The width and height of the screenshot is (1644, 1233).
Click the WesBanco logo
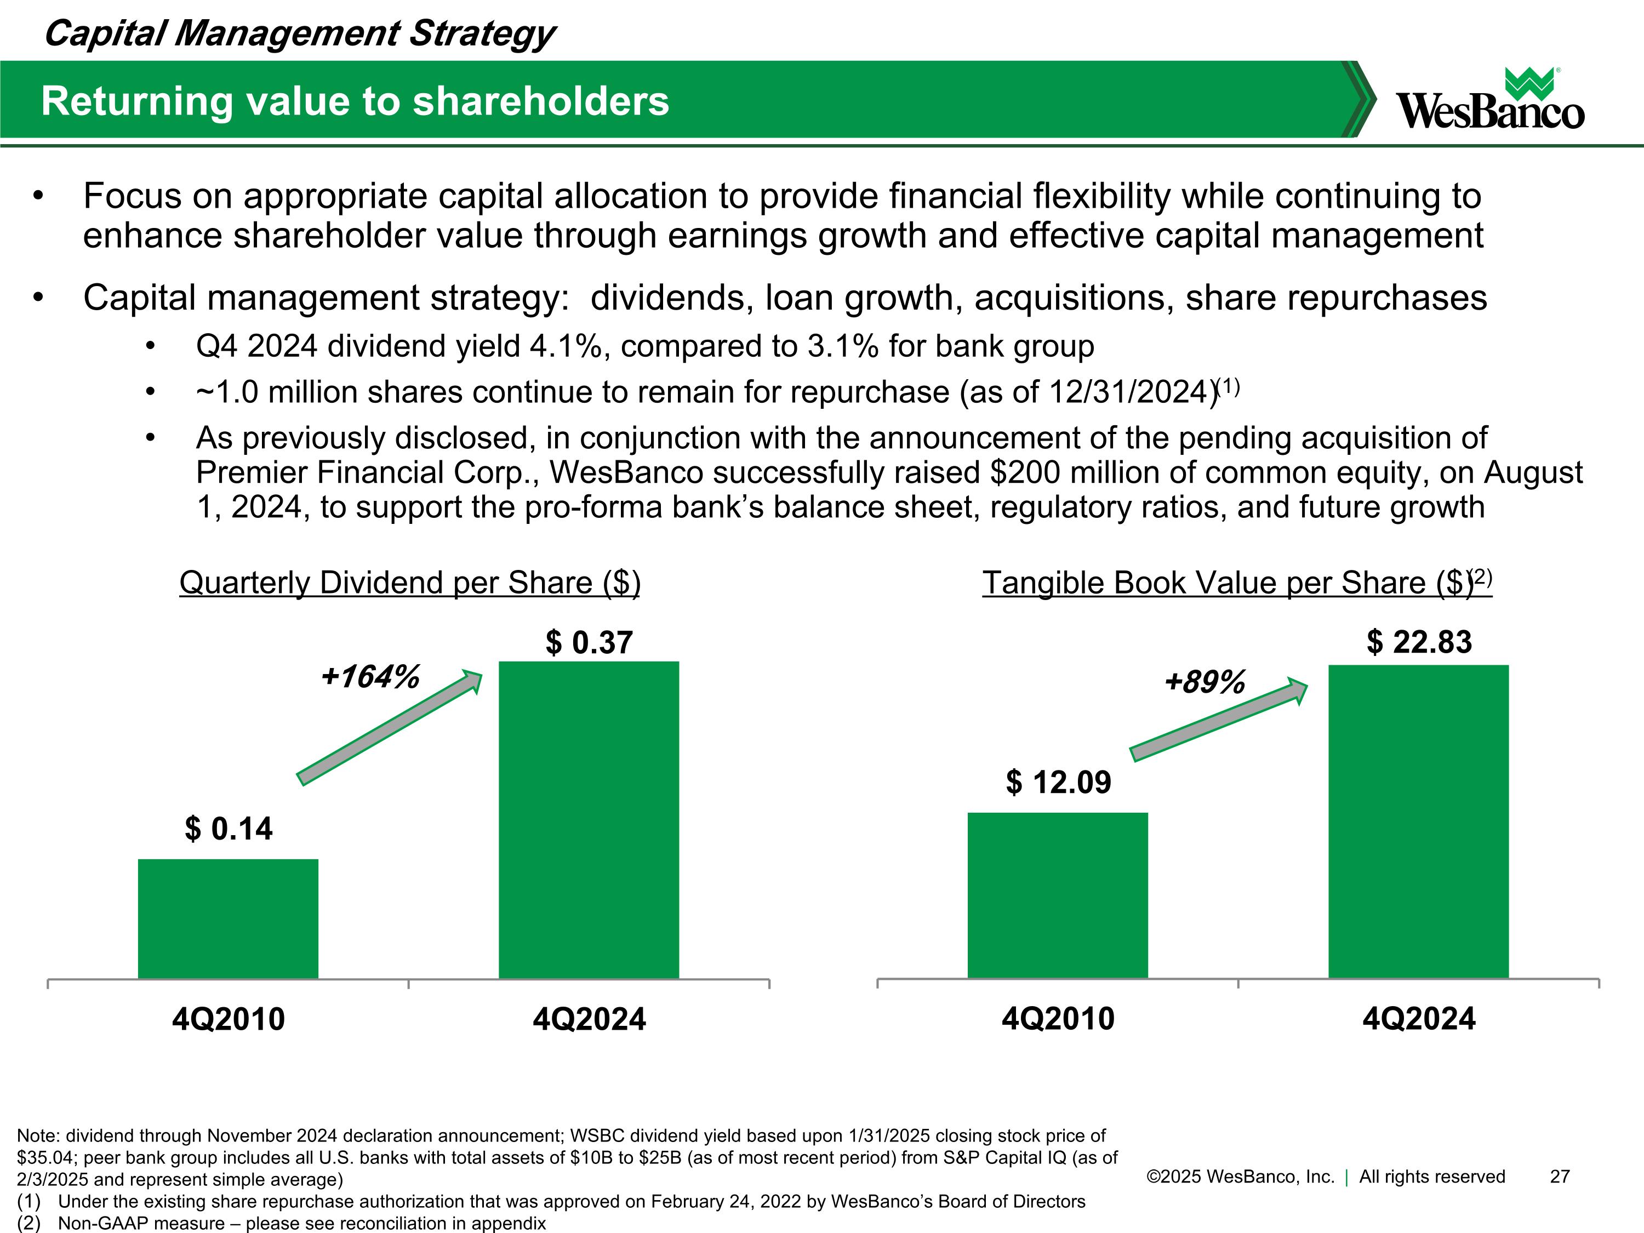[x=1490, y=99]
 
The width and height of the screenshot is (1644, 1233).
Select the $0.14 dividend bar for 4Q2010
[x=228, y=918]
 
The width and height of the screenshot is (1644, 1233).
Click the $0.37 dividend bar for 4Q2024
[x=589, y=820]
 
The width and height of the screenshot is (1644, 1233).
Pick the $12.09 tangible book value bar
[x=1058, y=895]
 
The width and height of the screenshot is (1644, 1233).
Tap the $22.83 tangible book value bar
[x=1419, y=822]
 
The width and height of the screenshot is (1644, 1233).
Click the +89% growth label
[x=1205, y=682]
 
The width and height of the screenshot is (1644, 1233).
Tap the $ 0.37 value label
[x=589, y=642]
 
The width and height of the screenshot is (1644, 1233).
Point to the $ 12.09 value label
[x=1058, y=782]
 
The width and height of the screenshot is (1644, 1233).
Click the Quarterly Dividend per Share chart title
[x=409, y=583]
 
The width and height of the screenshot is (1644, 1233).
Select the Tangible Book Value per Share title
[x=1237, y=583]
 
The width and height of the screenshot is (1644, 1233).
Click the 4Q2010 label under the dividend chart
[x=228, y=1018]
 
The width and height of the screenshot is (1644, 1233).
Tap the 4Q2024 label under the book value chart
[x=1419, y=1018]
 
